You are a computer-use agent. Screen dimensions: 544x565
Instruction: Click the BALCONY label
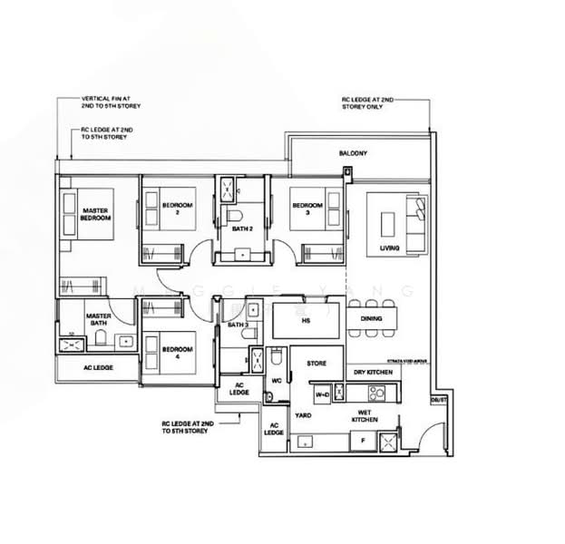click(x=354, y=153)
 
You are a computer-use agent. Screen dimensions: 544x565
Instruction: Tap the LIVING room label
click(x=389, y=248)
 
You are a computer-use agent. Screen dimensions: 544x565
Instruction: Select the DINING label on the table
click(x=371, y=318)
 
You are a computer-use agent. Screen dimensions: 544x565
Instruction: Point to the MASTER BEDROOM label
click(x=94, y=215)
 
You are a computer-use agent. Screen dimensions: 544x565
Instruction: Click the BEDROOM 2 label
click(x=177, y=209)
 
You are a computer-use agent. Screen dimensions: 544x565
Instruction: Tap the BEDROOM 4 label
click(x=177, y=353)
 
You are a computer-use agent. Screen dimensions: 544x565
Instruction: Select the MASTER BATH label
click(x=98, y=320)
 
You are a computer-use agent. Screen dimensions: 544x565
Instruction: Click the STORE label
click(x=317, y=364)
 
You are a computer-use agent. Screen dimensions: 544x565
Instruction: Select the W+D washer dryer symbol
click(x=322, y=395)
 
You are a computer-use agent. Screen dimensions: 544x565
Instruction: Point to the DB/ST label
click(x=439, y=398)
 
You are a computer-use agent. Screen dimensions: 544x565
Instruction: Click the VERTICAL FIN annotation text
click(x=112, y=102)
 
